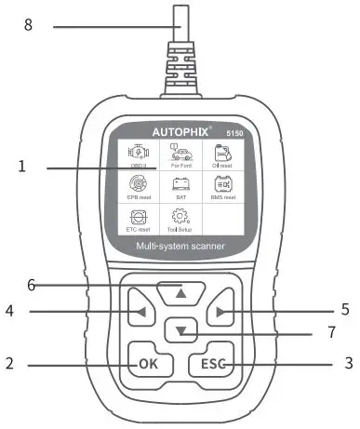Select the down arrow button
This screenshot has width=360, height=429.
coord(180,329)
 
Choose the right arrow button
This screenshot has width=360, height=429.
coord(220,312)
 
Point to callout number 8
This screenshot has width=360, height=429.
coord(27,26)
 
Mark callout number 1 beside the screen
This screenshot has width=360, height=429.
coord(20,168)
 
